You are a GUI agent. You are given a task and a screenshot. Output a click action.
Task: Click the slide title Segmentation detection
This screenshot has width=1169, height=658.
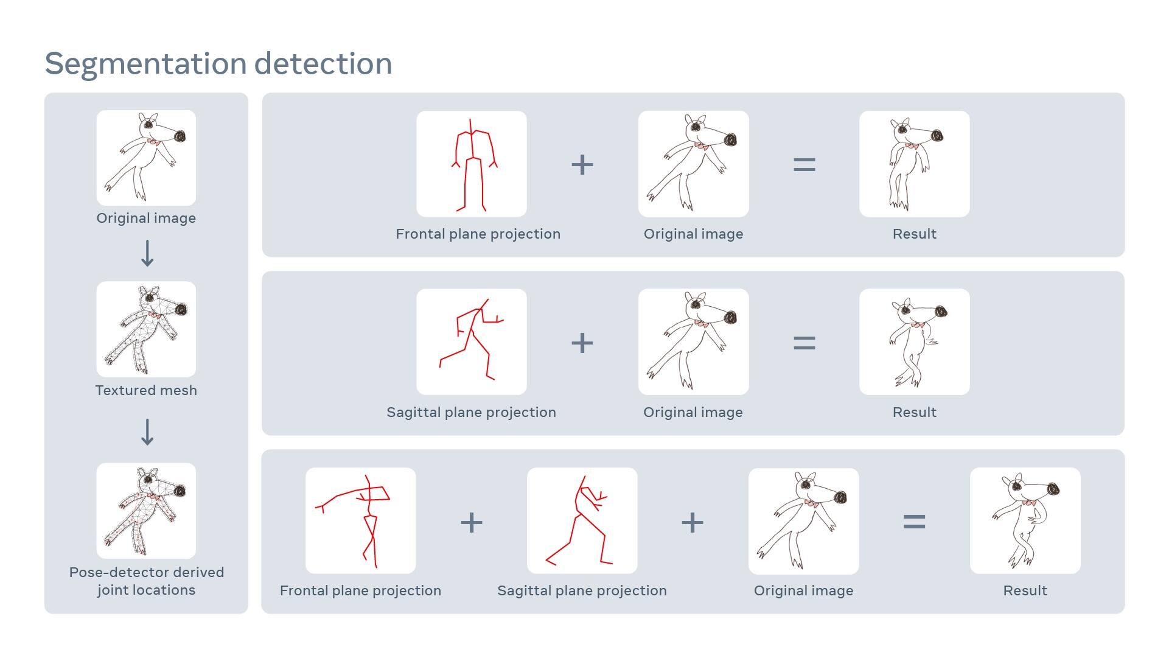(x=218, y=63)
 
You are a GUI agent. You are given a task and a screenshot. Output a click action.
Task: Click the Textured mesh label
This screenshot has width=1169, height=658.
(x=146, y=390)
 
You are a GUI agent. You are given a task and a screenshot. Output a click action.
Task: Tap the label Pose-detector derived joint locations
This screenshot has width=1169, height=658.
(x=146, y=581)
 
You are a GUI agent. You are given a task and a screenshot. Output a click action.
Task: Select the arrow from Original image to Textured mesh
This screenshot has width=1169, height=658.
(x=147, y=253)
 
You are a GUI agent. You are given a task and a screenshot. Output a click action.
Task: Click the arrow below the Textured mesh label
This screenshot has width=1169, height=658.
(x=147, y=432)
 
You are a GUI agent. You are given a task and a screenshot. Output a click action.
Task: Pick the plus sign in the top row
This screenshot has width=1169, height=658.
(x=582, y=165)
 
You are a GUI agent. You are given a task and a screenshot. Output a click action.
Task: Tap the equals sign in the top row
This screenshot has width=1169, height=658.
(x=804, y=165)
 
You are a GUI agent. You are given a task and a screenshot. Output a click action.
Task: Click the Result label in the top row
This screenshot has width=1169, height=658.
(x=914, y=234)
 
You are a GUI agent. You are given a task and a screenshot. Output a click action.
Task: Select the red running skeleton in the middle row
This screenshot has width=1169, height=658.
(x=472, y=341)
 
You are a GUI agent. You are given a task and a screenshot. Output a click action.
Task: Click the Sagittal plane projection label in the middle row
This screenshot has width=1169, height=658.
(x=471, y=412)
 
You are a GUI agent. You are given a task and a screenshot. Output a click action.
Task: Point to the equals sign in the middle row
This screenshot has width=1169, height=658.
(x=804, y=343)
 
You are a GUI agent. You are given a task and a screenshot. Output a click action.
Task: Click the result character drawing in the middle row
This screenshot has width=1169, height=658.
(x=914, y=342)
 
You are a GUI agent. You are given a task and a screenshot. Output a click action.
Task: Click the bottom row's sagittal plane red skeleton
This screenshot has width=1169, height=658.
(x=582, y=521)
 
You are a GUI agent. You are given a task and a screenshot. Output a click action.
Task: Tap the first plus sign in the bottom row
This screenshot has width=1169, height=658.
(x=472, y=523)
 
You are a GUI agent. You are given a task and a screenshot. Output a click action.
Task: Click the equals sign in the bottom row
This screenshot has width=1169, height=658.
(x=914, y=522)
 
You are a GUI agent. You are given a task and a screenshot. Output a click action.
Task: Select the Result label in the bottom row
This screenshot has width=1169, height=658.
(x=1025, y=590)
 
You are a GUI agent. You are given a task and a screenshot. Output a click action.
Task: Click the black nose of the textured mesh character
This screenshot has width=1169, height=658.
(x=181, y=310)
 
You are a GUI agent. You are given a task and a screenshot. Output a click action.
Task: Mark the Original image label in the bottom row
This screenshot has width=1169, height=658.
(x=803, y=590)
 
